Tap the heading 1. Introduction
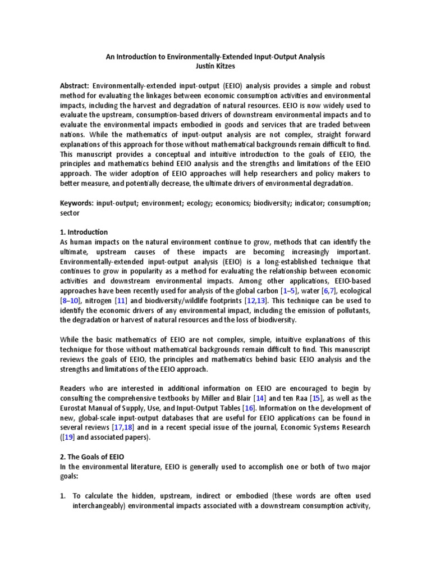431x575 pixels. pos(84,232)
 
